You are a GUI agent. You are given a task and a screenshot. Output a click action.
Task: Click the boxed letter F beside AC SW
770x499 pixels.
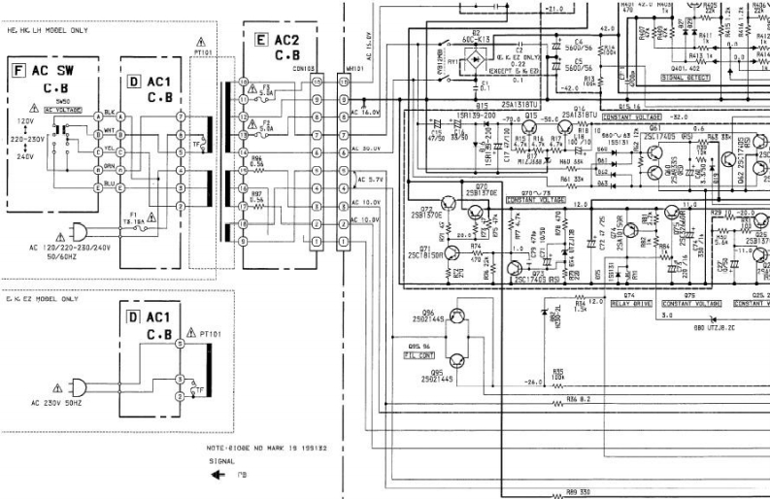point(17,71)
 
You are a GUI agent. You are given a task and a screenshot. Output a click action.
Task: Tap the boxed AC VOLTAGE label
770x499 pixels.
point(62,110)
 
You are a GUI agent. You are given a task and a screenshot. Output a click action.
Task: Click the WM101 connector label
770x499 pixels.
point(343,68)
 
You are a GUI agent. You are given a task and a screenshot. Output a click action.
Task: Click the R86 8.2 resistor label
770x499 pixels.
point(579,398)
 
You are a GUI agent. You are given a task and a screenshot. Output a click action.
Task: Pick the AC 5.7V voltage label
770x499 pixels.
point(372,180)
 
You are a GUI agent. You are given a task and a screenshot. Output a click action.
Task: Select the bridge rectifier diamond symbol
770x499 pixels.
point(476,60)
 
